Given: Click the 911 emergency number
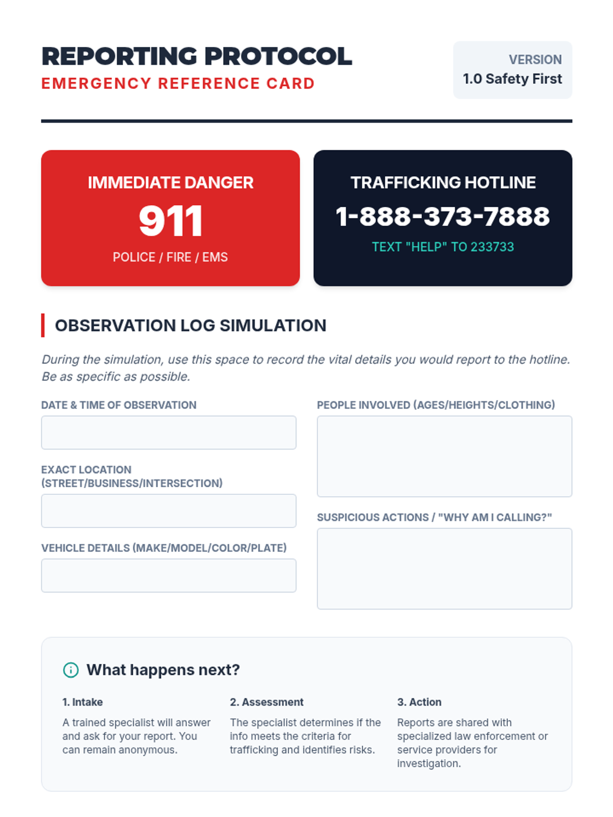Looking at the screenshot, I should click(x=171, y=221).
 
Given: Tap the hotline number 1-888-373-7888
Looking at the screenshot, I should click(x=442, y=217).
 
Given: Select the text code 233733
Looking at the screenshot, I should click(x=492, y=247).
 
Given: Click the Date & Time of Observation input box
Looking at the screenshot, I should click(x=169, y=432).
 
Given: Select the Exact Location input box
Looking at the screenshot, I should click(x=169, y=511).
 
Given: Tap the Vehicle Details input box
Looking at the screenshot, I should click(x=169, y=575).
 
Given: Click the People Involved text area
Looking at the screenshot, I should click(x=444, y=456).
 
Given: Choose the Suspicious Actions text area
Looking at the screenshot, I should click(x=444, y=568).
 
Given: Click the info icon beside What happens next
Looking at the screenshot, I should click(x=70, y=670).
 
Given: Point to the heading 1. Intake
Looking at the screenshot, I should click(x=82, y=702).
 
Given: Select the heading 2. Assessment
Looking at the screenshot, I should click(x=267, y=702).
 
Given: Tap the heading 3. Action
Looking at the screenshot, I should click(x=419, y=702).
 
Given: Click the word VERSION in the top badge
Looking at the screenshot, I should click(x=535, y=60).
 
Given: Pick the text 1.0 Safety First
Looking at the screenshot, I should click(x=512, y=79).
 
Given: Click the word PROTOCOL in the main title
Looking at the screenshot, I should click(x=278, y=56).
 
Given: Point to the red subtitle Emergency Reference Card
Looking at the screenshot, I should click(x=178, y=83).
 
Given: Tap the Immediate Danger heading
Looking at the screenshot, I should click(x=171, y=182).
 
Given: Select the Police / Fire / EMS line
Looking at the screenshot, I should click(x=171, y=257).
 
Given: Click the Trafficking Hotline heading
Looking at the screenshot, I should click(x=443, y=182).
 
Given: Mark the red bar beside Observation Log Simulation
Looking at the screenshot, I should click(x=43, y=325).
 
